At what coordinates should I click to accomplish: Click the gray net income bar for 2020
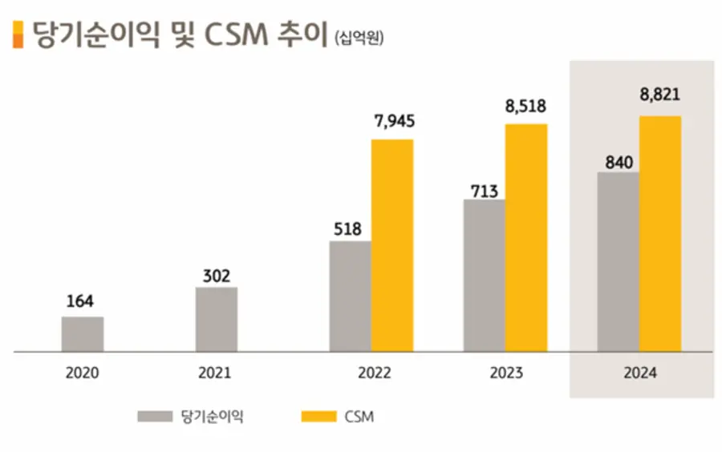pyautogui.click(x=83, y=334)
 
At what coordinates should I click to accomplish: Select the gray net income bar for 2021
pyautogui.click(x=217, y=319)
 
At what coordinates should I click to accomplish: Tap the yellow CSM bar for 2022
pyautogui.click(x=392, y=245)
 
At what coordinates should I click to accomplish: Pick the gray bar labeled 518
pyautogui.click(x=351, y=296)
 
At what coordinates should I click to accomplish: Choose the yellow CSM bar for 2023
pyautogui.click(x=526, y=237)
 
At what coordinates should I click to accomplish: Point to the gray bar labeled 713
pyautogui.click(x=485, y=275)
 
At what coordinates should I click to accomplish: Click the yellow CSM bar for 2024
pyautogui.click(x=660, y=233)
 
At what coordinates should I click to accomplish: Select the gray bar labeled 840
pyautogui.click(x=619, y=261)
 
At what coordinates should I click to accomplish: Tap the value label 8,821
pyautogui.click(x=660, y=95)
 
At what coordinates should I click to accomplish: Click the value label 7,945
pyautogui.click(x=393, y=121)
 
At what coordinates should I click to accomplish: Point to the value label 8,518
pyautogui.click(x=526, y=104)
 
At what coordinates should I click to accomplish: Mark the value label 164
pyautogui.click(x=80, y=301)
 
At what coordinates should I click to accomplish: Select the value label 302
pyautogui.click(x=216, y=276)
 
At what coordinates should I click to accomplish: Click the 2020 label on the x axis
pyautogui.click(x=83, y=373)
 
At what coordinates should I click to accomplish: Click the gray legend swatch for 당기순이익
pyautogui.click(x=154, y=417)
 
